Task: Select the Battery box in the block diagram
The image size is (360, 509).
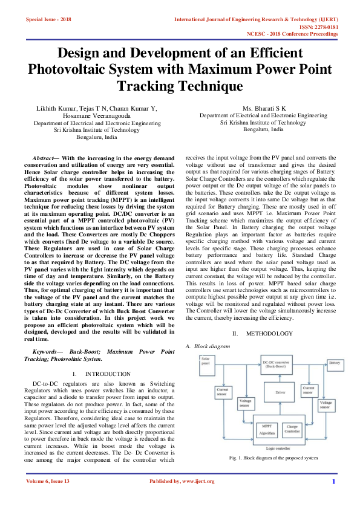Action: (334, 363)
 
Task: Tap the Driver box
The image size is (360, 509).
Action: (280, 392)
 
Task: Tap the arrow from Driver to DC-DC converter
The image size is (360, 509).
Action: (280, 378)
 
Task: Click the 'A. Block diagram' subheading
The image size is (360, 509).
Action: (208, 346)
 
